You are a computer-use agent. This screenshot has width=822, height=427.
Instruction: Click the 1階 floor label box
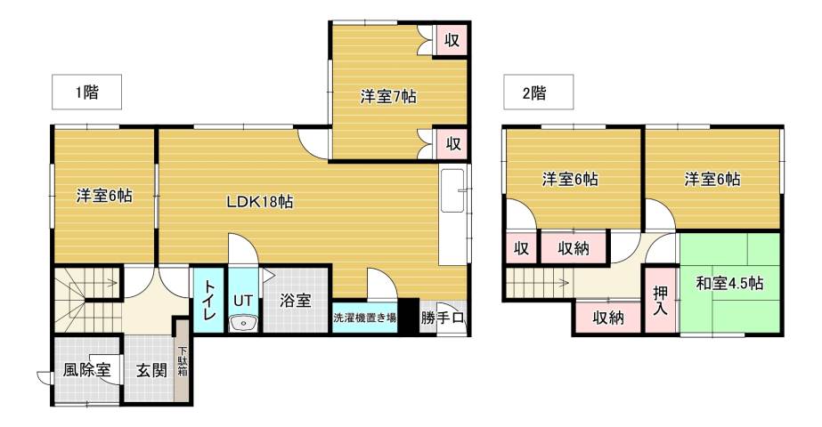coord(85,91)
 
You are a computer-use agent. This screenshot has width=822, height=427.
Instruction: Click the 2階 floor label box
coord(536,91)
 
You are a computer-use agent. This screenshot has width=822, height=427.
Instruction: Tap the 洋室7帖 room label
coord(388,96)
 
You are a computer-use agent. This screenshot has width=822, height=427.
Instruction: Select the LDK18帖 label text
coord(259,202)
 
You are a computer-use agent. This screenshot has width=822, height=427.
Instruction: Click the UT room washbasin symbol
coord(241,323)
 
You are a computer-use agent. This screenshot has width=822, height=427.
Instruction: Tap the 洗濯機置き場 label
coord(364,318)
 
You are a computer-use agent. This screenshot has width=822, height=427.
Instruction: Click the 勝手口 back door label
coord(443,318)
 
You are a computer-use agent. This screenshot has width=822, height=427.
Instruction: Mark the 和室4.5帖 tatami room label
coord(729,284)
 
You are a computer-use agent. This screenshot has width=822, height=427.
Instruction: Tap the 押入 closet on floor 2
coord(661,298)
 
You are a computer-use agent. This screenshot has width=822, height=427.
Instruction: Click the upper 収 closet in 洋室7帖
coord(452,39)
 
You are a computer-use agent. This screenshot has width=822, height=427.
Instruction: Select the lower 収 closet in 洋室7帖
coord(452,142)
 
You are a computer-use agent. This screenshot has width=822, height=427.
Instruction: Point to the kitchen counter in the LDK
coord(452,213)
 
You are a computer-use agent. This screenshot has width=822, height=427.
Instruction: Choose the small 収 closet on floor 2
coord(521,248)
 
